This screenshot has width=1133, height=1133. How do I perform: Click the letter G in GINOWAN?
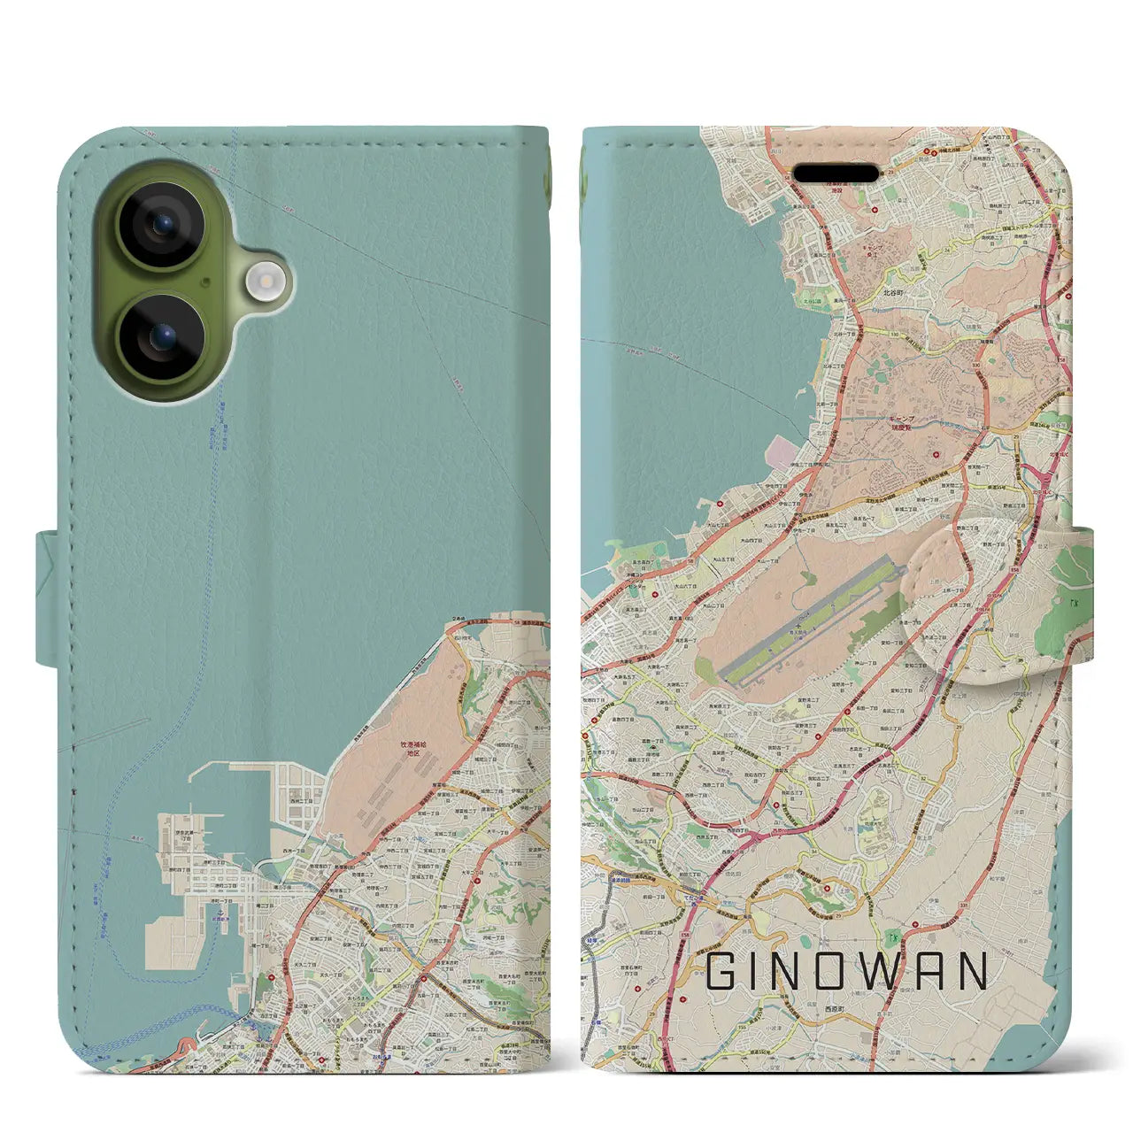tap(720, 971)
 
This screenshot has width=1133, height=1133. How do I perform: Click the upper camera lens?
tap(161, 225)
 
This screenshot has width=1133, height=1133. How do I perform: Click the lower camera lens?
tap(161, 337)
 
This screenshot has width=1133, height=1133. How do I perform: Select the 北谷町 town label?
tap(892, 292)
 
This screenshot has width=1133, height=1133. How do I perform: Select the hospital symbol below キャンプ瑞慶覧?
tap(936, 454)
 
